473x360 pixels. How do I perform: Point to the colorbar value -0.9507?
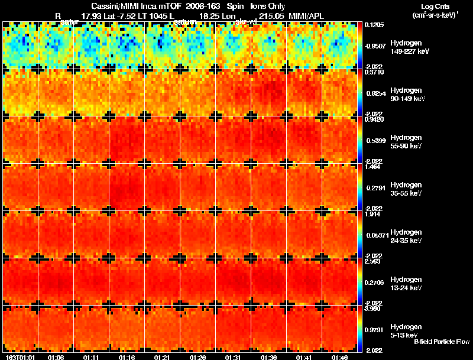373,46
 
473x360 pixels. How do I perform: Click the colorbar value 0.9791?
373,329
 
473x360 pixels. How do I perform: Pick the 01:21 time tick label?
161,357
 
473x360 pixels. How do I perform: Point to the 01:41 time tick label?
304,357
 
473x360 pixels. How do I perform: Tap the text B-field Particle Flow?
442,342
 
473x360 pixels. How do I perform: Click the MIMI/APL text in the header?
307,15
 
